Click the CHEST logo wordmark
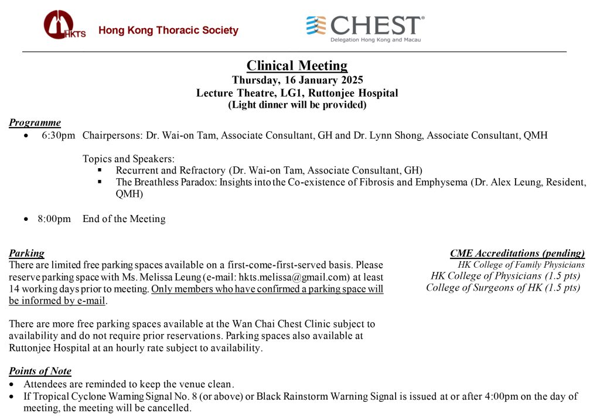(x=375, y=25)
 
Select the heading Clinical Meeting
(x=296, y=66)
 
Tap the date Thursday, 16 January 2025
(x=297, y=80)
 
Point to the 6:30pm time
(x=59, y=136)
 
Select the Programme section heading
(x=35, y=123)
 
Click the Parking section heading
(x=26, y=254)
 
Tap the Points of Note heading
(x=40, y=371)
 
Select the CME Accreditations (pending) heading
(x=517, y=254)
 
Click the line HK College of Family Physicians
(x=521, y=265)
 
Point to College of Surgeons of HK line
(x=503, y=288)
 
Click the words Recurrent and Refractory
(x=171, y=171)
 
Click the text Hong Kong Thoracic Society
(x=168, y=30)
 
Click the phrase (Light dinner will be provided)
(x=297, y=105)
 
